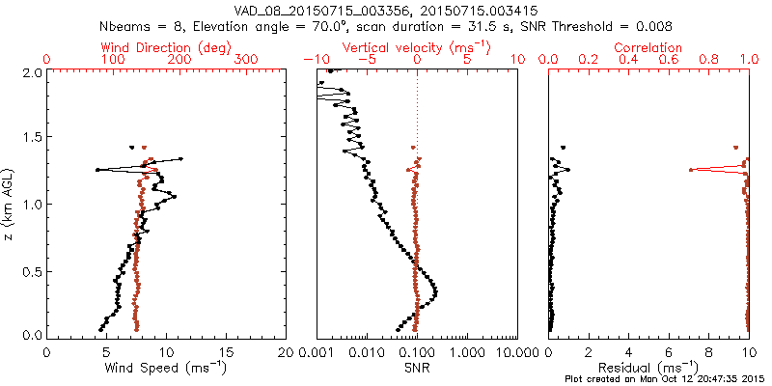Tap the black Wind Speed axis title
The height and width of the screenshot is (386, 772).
(x=167, y=368)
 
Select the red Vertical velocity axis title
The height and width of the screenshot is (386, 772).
(x=417, y=47)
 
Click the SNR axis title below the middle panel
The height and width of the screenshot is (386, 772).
(x=417, y=368)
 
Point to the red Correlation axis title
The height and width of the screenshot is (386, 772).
(x=649, y=47)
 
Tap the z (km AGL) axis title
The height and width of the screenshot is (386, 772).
(x=11, y=203)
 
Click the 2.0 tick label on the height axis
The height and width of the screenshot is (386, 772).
(x=31, y=72)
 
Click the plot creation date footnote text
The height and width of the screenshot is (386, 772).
(x=668, y=379)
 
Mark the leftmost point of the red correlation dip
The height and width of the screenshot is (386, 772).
(x=691, y=170)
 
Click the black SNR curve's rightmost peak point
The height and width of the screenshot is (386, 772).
(x=437, y=291)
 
